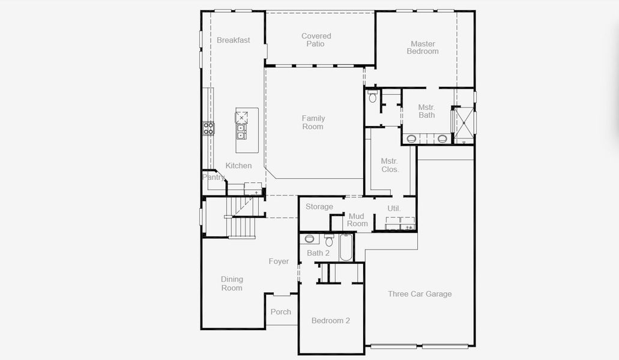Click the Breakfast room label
point(234,40)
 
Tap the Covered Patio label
point(316,40)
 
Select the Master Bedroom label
point(423,47)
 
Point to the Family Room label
point(313,122)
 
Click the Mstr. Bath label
point(426,111)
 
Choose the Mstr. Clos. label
point(390,165)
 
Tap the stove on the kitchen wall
point(208,128)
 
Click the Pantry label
point(213,178)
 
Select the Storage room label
point(319,207)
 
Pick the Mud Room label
point(357,220)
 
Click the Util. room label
point(394,208)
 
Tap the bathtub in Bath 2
point(346,248)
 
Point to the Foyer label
point(279,262)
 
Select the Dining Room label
point(232,284)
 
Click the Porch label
point(280,312)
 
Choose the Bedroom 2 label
point(330,321)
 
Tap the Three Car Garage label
point(420,294)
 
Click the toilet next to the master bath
point(372,96)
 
